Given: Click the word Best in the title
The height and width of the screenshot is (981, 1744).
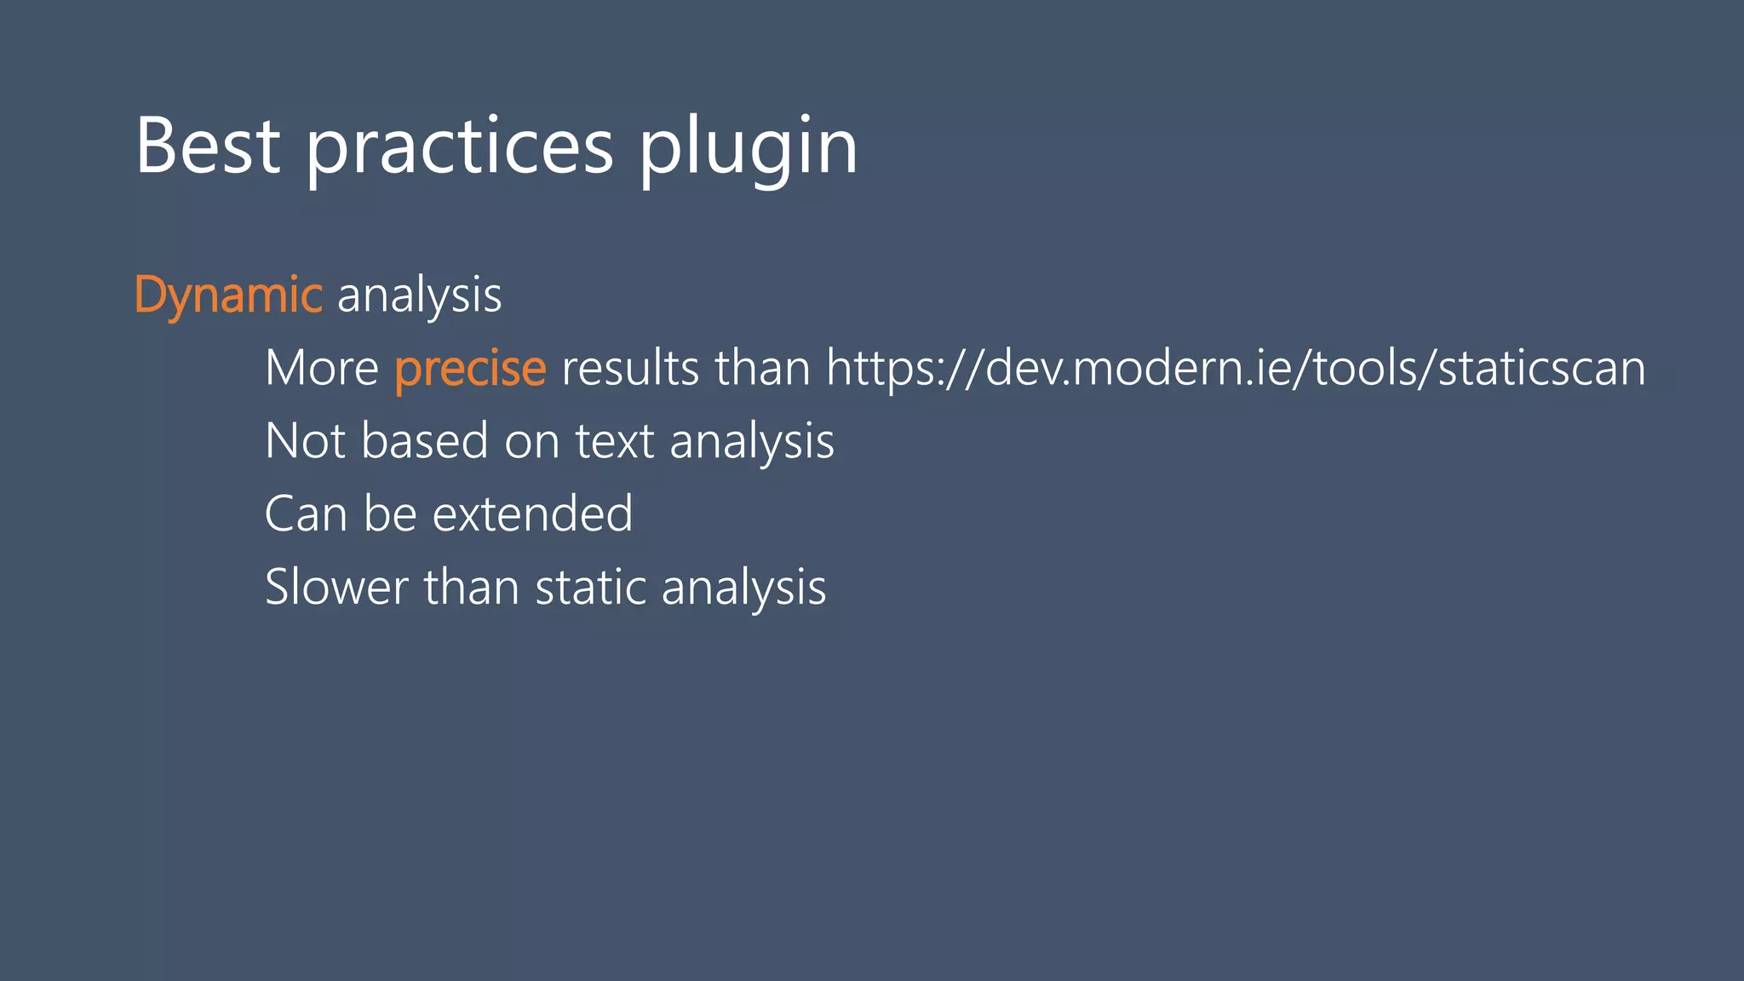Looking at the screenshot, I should (208, 146).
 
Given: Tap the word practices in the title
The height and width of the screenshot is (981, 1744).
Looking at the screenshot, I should (460, 146).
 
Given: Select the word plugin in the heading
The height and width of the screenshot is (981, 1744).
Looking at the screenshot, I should (749, 146).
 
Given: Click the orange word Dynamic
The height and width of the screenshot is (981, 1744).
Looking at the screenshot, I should (228, 295).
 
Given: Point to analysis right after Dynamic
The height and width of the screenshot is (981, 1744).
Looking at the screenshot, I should (420, 295).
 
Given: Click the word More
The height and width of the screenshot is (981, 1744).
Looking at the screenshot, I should (322, 368).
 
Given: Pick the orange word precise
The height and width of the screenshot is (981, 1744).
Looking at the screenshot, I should (470, 368).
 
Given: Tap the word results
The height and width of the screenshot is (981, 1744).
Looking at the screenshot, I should (630, 368).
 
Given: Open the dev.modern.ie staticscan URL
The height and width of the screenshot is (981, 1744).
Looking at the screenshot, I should (1236, 368).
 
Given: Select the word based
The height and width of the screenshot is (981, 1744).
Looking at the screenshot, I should (424, 441).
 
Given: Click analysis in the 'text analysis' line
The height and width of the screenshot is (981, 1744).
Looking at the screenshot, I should (752, 441).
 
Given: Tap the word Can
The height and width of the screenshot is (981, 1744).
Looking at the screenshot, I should (305, 514).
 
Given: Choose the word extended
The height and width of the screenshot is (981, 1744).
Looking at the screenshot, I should (533, 514).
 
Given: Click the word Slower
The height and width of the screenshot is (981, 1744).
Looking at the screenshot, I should (336, 588).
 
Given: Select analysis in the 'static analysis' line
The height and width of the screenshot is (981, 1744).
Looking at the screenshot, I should (743, 588).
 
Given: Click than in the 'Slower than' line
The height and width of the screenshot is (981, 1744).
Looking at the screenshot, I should (471, 588).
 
